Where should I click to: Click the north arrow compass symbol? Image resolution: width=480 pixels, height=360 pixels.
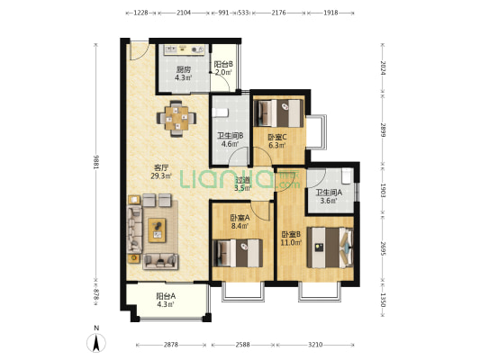click(96, 343)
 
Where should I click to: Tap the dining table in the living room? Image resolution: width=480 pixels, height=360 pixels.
click(177, 118)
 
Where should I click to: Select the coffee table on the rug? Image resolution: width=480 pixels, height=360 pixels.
click(157, 230)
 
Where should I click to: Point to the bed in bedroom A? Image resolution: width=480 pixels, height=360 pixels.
click(238, 253)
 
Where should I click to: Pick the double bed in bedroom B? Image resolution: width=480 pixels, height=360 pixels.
click(331, 247)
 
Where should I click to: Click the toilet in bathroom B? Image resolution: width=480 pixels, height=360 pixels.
click(221, 112)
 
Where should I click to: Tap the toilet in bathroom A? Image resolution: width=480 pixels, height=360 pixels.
click(346, 175)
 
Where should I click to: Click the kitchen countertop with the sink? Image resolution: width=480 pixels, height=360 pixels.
click(184, 49)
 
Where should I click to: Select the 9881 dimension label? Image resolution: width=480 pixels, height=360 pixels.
click(96, 162)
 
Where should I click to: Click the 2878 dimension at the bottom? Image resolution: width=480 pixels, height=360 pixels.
click(170, 345)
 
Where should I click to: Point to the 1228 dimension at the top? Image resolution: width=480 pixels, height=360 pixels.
click(141, 13)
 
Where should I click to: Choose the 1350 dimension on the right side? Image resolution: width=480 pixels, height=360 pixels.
click(383, 300)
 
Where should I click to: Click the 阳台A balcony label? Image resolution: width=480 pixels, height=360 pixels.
click(166, 296)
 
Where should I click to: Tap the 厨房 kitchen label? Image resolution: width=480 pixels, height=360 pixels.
click(184, 69)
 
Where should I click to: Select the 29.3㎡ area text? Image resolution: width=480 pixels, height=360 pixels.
click(161, 175)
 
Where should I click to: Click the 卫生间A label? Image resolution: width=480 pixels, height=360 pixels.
click(329, 193)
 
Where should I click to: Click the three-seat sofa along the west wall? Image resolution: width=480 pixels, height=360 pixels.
click(134, 229)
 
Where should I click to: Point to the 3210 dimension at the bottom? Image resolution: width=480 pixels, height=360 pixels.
click(315, 345)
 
